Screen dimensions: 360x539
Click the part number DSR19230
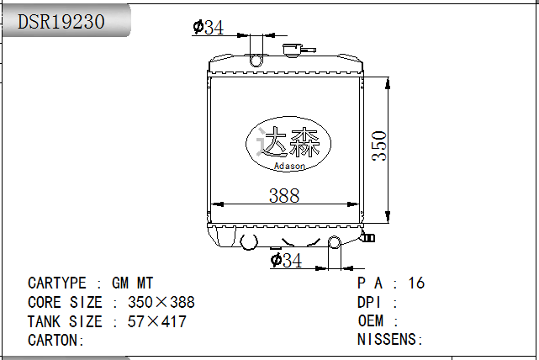coord(61,22)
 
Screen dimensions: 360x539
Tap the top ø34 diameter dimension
coord(208,28)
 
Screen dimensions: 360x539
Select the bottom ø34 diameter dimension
coord(286,261)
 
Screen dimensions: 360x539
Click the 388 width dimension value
coord(283,195)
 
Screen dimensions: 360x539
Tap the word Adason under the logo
coord(289,166)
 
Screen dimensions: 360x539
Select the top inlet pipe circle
coord(257,60)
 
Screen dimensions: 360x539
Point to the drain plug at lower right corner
coord(367,237)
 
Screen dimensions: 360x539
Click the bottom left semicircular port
coord(249,242)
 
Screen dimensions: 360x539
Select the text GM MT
coord(133,283)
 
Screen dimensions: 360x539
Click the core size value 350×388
coord(161,302)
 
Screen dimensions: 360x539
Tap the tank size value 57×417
coord(156,321)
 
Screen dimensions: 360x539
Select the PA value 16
coord(415,283)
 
